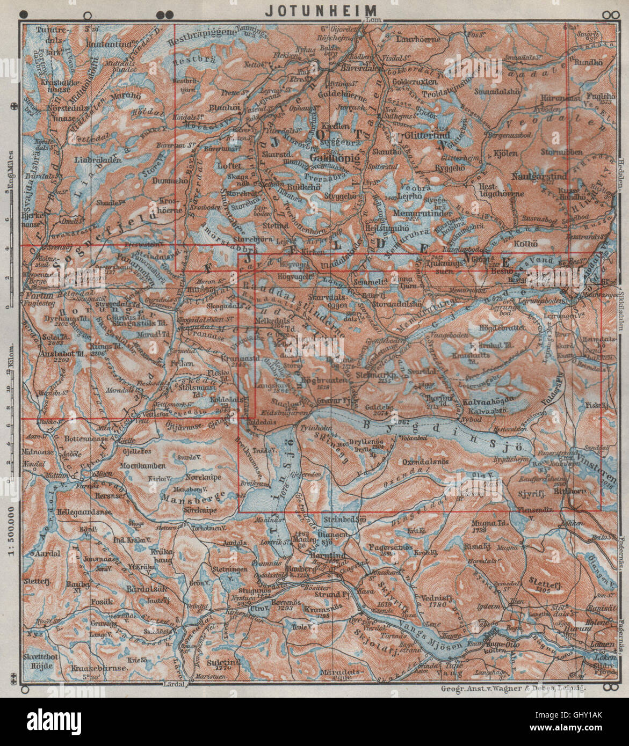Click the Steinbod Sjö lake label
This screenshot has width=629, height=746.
[x=345, y=520]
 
